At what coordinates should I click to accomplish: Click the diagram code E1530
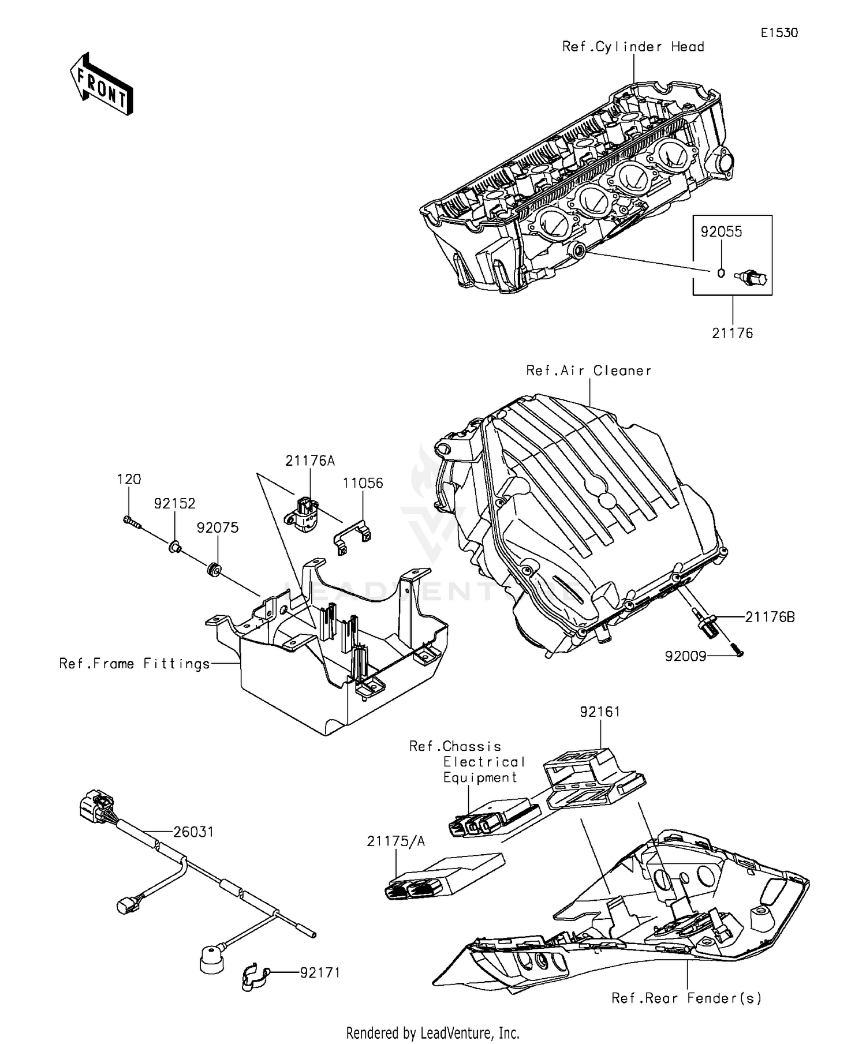click(779, 33)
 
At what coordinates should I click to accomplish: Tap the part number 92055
click(721, 231)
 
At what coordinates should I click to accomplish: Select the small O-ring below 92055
click(721, 272)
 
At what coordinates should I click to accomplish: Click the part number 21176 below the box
click(732, 333)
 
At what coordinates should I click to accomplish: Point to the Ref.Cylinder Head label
click(633, 47)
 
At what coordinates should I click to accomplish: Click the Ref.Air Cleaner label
click(588, 371)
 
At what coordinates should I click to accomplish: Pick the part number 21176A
click(309, 461)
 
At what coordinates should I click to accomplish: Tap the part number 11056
click(363, 482)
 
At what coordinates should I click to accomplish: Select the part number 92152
click(174, 503)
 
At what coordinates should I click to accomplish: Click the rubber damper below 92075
click(215, 571)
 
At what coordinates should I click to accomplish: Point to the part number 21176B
click(770, 617)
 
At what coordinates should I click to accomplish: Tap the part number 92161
click(600, 712)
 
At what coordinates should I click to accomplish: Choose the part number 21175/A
click(395, 841)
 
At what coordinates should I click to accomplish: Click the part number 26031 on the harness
click(193, 832)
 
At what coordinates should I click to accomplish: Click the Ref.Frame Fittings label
click(135, 664)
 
